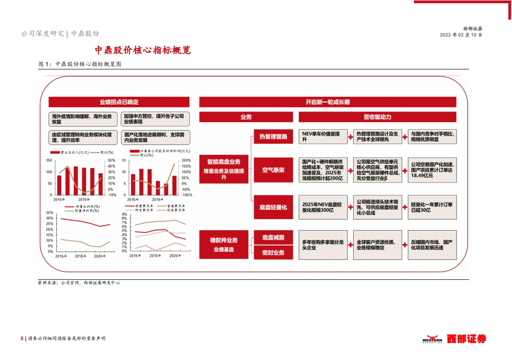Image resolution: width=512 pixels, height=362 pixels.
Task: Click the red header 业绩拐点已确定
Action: click(x=119, y=102)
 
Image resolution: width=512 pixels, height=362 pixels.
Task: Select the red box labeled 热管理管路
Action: click(x=273, y=136)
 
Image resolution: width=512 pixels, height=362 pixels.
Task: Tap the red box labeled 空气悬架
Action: click(x=273, y=170)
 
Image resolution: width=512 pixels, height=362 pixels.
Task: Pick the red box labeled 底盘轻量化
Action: click(x=273, y=207)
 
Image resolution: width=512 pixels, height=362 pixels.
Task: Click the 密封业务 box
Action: click(x=273, y=252)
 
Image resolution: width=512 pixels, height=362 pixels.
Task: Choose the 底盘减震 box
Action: click(x=273, y=237)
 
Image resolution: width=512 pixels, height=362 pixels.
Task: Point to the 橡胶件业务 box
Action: click(x=224, y=244)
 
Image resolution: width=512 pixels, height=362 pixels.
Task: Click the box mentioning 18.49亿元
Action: click(x=431, y=170)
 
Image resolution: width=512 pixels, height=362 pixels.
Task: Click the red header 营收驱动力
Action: click(x=377, y=117)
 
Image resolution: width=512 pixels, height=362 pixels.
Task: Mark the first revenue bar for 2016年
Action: click(x=59, y=185)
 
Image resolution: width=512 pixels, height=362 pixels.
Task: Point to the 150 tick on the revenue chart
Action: click(x=49, y=161)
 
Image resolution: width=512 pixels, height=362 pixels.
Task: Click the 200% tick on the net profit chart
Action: click(x=186, y=161)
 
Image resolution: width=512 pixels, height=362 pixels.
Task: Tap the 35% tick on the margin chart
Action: click(x=50, y=213)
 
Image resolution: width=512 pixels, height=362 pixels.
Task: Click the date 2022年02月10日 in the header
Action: click(x=461, y=35)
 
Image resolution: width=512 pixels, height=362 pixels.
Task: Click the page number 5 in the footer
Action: click(x=21, y=338)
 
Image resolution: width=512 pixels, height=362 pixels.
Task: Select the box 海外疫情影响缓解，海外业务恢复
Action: click(x=82, y=119)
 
